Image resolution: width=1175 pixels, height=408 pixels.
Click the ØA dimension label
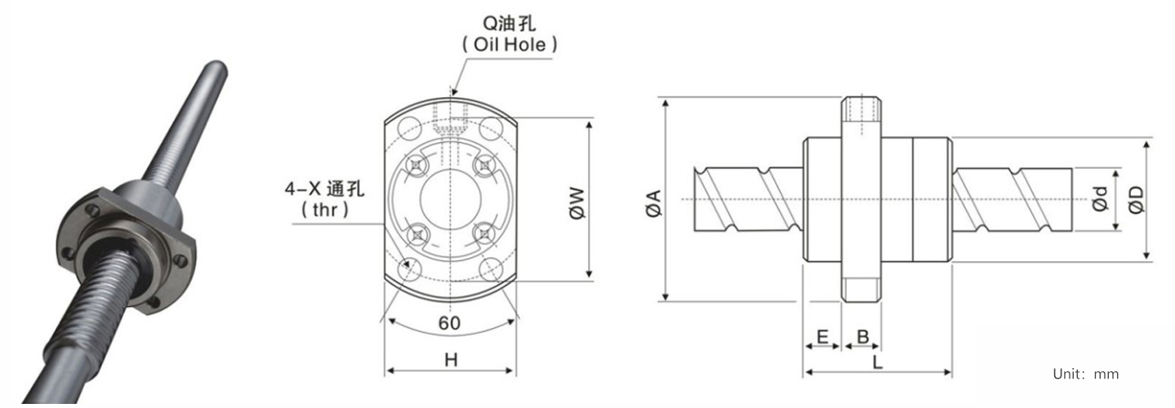tap(653, 203)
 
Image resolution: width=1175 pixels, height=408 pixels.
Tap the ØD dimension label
tap(1136, 200)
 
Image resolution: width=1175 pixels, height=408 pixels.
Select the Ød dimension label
tap(1100, 199)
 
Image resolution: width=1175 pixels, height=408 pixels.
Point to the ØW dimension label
tap(576, 203)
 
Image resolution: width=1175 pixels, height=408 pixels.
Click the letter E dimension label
tap(822, 336)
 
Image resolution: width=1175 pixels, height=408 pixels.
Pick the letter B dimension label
tap(863, 336)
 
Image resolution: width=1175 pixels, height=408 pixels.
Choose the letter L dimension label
tap(877, 361)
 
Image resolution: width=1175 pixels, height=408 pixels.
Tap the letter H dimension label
tap(451, 360)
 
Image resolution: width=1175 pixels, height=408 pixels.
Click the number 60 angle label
tap(450, 323)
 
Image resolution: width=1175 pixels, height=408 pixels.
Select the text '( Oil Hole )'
tap(510, 45)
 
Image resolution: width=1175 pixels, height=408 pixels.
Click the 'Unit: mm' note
tap(1086, 374)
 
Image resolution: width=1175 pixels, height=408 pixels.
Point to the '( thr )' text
tap(325, 210)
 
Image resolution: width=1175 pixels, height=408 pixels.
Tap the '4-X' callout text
tap(302, 188)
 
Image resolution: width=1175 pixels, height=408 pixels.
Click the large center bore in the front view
tap(451, 199)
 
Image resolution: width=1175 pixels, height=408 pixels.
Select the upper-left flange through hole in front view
tap(409, 129)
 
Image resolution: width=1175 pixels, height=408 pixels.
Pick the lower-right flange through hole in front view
tap(492, 269)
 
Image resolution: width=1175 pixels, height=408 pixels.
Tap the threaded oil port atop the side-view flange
tap(861, 109)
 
